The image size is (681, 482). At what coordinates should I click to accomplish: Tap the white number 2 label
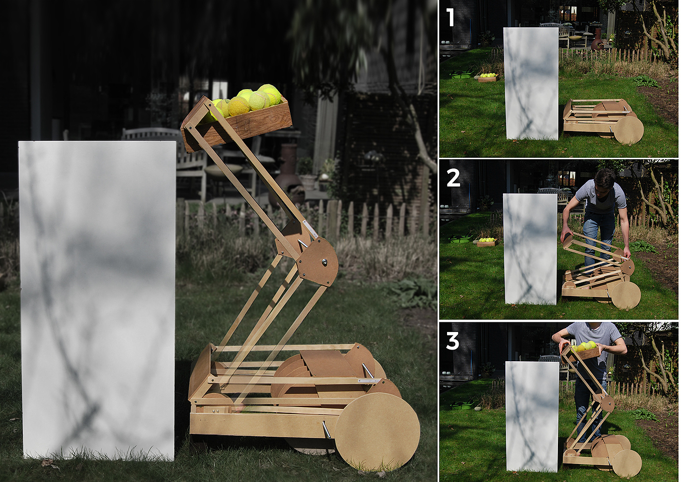point(453,178)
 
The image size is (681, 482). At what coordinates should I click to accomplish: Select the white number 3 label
point(452,341)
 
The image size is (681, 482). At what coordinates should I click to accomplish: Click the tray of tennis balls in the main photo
point(237,119)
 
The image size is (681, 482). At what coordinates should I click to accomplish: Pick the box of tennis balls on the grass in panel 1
point(488,77)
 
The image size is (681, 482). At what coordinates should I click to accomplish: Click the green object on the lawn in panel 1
point(462,74)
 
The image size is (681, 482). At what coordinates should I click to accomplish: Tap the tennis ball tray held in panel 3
point(582,352)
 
